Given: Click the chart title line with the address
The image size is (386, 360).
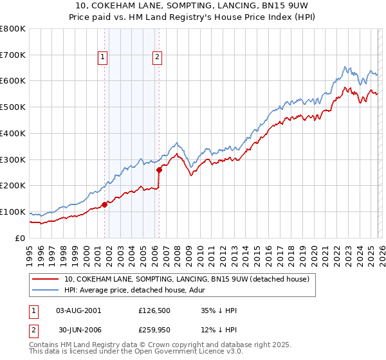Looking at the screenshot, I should [193, 6].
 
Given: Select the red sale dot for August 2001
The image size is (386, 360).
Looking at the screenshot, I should [104, 204].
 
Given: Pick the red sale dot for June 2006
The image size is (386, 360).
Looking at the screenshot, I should [159, 170].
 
